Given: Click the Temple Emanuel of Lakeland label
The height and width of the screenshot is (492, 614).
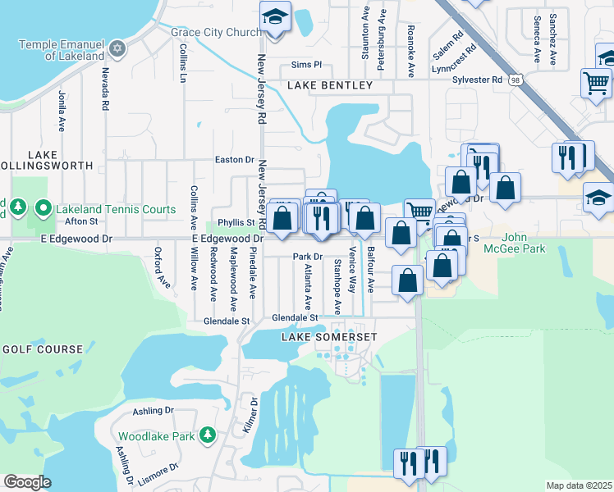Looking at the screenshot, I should click(x=62, y=50).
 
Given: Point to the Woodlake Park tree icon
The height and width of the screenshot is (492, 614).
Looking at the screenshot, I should click(x=208, y=435).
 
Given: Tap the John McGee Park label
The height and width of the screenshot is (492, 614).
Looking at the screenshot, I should click(x=525, y=244).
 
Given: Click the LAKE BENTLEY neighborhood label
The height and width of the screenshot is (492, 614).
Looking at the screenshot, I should click(x=330, y=85).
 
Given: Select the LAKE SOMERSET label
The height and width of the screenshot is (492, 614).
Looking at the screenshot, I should click(x=329, y=338).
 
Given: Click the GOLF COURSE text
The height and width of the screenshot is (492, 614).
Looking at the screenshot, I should click(x=43, y=349).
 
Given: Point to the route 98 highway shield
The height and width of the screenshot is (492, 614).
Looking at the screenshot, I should click(x=515, y=80).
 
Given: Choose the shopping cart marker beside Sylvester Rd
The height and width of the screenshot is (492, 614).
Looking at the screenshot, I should click(x=595, y=82).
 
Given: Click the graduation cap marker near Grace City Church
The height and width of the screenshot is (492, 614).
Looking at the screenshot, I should click(x=275, y=16).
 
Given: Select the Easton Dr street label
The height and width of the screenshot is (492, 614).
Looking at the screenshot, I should click(x=234, y=160).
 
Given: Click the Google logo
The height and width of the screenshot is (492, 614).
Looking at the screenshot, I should click(x=26, y=482).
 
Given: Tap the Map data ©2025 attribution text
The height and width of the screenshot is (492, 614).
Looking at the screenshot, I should click(x=579, y=485).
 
